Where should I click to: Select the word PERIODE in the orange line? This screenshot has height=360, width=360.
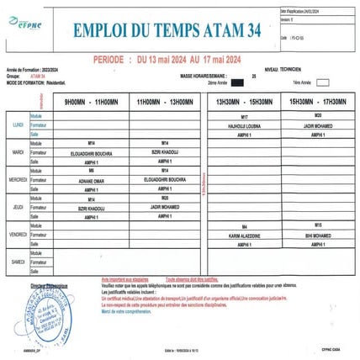coord(111,61)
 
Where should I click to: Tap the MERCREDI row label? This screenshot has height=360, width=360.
coord(18,180)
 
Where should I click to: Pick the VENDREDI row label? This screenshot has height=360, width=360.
coord(18,235)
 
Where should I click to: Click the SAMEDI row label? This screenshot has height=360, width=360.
coord(17,262)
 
